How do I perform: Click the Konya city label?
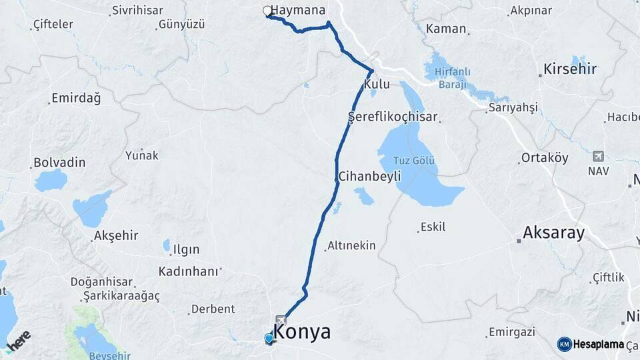pos(302,331)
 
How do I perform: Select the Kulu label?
pos(376,85)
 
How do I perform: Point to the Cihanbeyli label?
pos(369,177)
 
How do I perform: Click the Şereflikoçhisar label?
pos(393,117)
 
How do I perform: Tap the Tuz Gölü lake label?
pos(415,161)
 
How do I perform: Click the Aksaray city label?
pos(553,233)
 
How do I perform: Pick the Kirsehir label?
pos(569,69)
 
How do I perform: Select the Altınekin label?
pos(351,246)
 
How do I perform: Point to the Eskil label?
pos(433,227)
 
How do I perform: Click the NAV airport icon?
pos(598,157)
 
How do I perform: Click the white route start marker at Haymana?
pos(267,11)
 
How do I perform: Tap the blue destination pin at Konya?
pos(269,339)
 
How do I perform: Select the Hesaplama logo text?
pos(598,344)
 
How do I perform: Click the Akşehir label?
pos(116,235)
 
